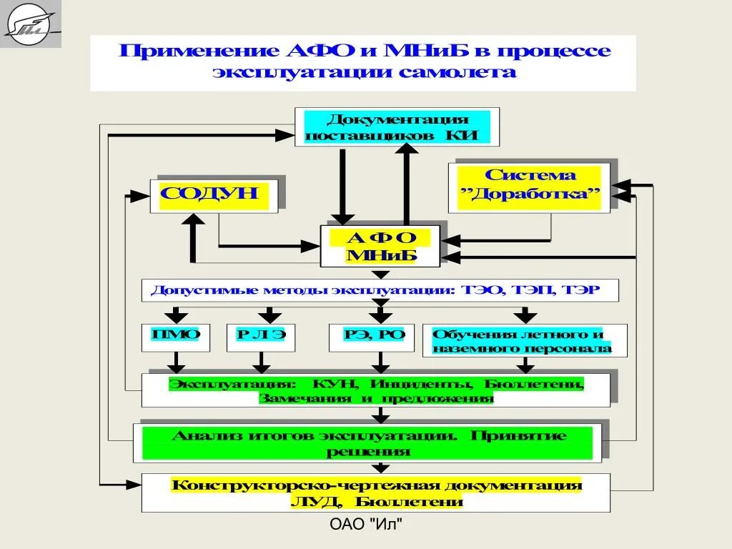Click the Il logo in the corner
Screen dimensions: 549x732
(30, 24)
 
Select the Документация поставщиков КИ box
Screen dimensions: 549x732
(397, 127)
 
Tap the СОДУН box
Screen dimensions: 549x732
(213, 194)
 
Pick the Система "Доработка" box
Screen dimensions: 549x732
(529, 187)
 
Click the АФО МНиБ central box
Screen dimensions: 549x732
(380, 247)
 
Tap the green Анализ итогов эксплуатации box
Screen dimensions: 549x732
(367, 443)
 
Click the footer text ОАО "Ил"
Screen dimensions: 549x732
(366, 525)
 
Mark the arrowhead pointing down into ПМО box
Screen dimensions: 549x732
(175, 317)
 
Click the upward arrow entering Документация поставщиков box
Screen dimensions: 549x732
(408, 149)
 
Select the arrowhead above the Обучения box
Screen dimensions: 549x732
(525, 317)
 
